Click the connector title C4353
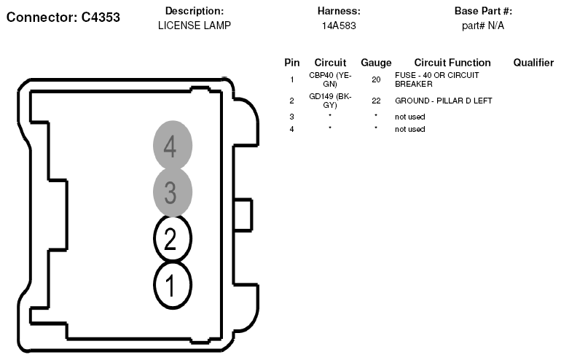click(x=101, y=17)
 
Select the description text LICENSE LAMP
click(x=195, y=26)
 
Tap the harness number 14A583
click(x=339, y=26)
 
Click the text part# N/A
click(x=483, y=26)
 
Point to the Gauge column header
click(x=376, y=63)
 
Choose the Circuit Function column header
click(x=452, y=63)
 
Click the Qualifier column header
click(x=533, y=63)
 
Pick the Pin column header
click(x=292, y=63)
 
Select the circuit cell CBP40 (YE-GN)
click(x=330, y=79)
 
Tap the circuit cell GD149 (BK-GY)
click(x=330, y=101)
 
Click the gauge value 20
click(x=376, y=79)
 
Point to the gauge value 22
click(x=376, y=101)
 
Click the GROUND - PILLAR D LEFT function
click(x=444, y=101)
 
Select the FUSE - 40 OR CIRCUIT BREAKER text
click(x=437, y=79)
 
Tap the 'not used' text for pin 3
click(x=410, y=117)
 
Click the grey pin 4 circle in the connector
click(x=173, y=145)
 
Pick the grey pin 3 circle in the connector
click(x=173, y=192)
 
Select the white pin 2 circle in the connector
click(x=173, y=238)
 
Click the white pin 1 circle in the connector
click(x=173, y=285)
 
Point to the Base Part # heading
click(x=483, y=11)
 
